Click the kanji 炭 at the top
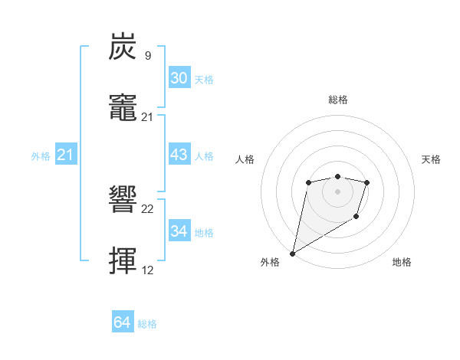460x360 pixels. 123,47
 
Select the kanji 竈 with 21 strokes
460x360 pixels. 123,108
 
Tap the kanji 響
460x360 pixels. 123,201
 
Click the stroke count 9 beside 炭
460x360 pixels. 147,55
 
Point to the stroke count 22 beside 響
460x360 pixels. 148,209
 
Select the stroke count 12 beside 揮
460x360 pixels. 148,270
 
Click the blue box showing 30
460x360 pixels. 179,78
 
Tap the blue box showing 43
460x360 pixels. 179,155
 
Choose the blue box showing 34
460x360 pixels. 179,231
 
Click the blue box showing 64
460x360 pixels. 123,322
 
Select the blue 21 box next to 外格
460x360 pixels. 66,155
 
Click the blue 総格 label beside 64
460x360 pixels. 147,324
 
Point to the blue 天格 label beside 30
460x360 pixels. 203,80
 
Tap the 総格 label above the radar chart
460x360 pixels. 337,100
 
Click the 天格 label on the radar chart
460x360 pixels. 431,159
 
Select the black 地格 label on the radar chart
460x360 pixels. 402,263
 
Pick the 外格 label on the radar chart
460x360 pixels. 270,263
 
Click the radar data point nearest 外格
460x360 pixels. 292,253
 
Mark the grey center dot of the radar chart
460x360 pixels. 337,191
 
